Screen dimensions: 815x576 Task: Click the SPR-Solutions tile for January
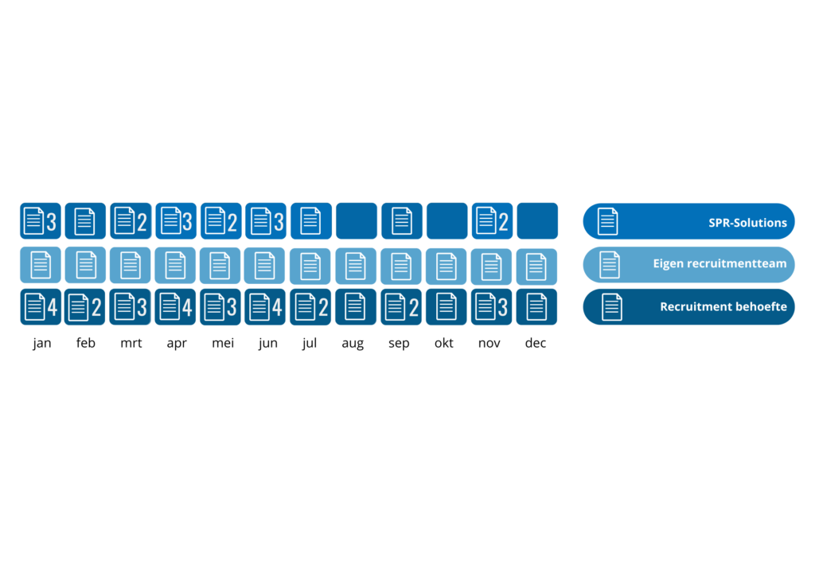tap(41, 221)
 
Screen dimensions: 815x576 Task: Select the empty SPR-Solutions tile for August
tap(357, 221)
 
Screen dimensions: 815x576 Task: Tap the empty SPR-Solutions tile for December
tap(537, 221)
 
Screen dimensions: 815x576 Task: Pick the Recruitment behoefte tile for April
tap(176, 307)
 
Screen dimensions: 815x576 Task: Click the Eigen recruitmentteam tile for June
tap(265, 266)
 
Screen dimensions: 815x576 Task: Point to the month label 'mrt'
tap(131, 344)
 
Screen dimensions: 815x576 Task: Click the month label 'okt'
tap(444, 344)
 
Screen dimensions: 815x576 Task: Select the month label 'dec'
tap(536, 344)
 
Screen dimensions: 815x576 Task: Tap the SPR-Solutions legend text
tap(747, 223)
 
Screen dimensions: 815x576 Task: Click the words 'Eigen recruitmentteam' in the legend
tap(719, 264)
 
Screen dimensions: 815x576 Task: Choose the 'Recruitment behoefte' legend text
tap(723, 307)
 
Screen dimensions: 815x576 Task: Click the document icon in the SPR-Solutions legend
tap(607, 222)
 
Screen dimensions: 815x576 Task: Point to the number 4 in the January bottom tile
tap(52, 307)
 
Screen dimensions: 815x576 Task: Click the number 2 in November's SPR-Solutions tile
tap(503, 222)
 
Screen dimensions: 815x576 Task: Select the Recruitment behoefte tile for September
tap(401, 307)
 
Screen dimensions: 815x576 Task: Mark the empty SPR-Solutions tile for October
tap(447, 221)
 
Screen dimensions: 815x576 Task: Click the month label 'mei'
tap(223, 344)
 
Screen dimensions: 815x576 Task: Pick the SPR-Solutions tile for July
tap(311, 221)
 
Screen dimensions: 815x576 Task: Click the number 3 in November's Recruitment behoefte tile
tap(503, 307)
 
